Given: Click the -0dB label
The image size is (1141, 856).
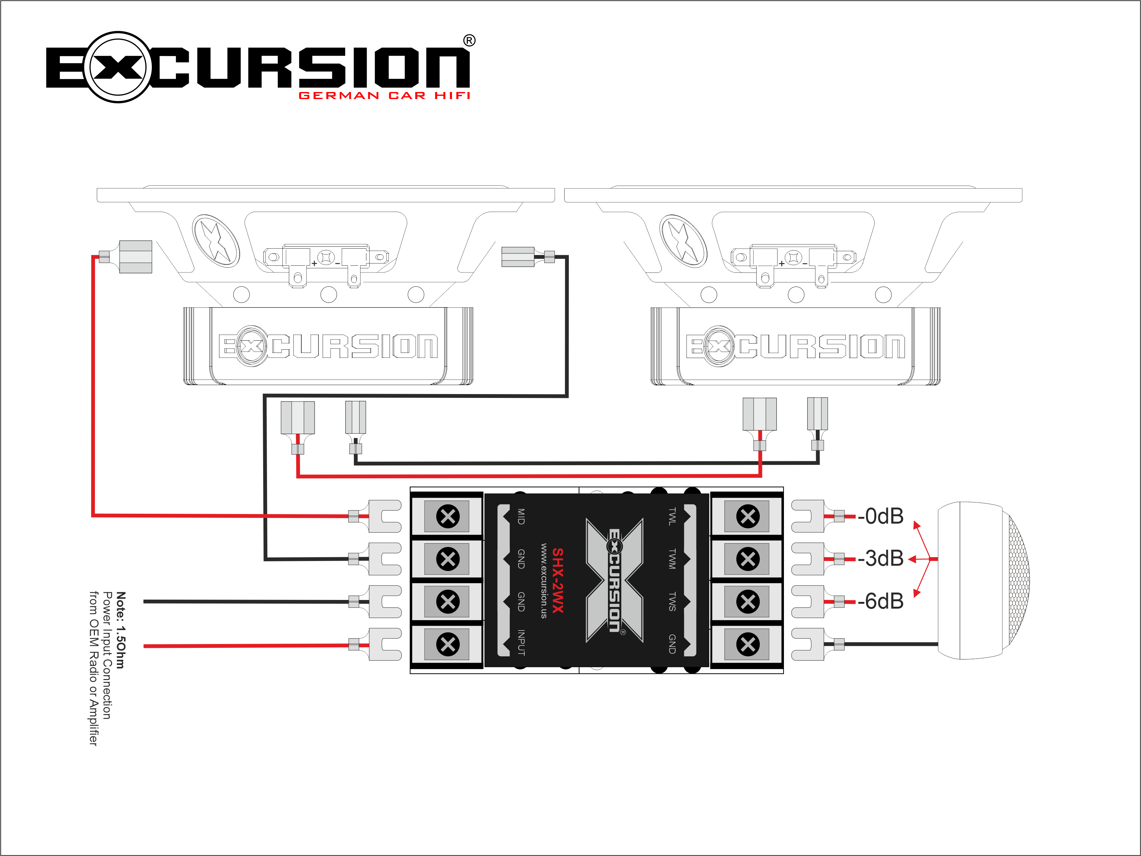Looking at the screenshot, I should [880, 516].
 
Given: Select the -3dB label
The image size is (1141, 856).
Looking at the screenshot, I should [880, 558].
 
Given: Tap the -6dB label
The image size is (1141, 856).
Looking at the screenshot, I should [880, 601].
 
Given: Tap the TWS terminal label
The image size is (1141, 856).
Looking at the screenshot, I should [672, 602].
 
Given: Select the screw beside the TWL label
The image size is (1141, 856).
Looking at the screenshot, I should [748, 516].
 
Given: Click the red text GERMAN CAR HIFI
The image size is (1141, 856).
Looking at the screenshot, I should [384, 96].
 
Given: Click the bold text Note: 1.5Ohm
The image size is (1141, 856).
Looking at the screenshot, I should [121, 630].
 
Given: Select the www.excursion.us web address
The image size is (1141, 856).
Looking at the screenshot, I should [544, 580].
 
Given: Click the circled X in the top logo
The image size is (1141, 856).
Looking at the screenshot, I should [118, 67].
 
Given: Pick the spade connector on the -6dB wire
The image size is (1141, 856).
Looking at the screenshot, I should [808, 602].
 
